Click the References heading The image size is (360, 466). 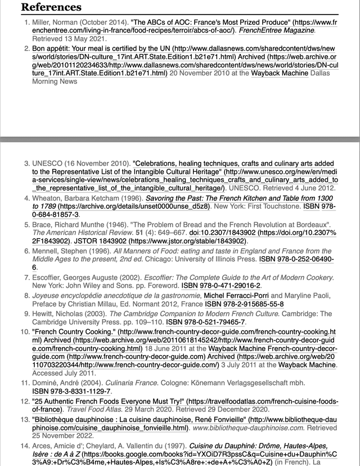pyautogui.click(x=51, y=8)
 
